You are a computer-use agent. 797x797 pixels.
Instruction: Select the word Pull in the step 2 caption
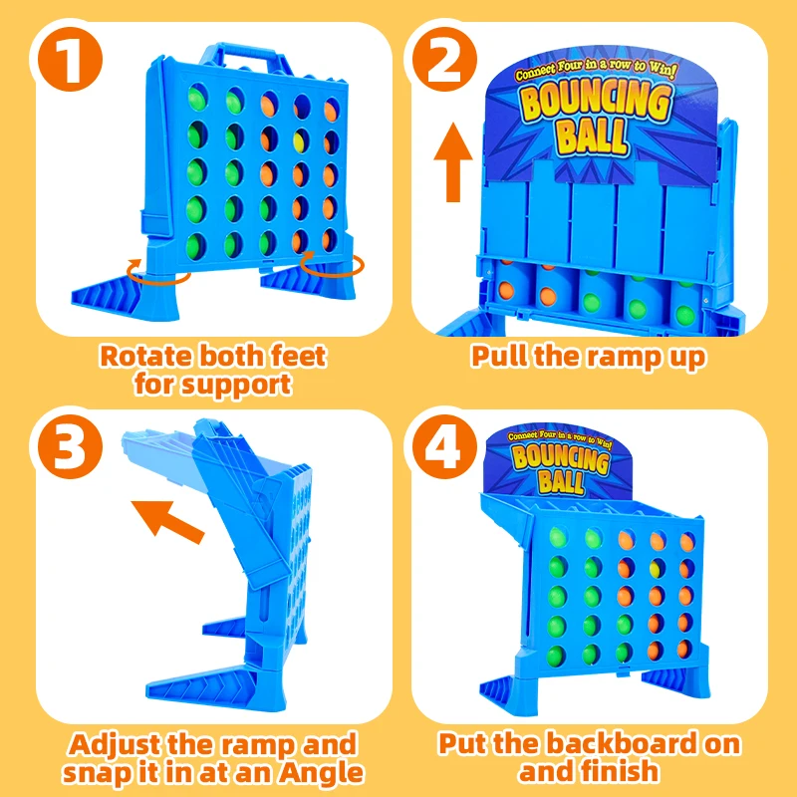click(x=500, y=356)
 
